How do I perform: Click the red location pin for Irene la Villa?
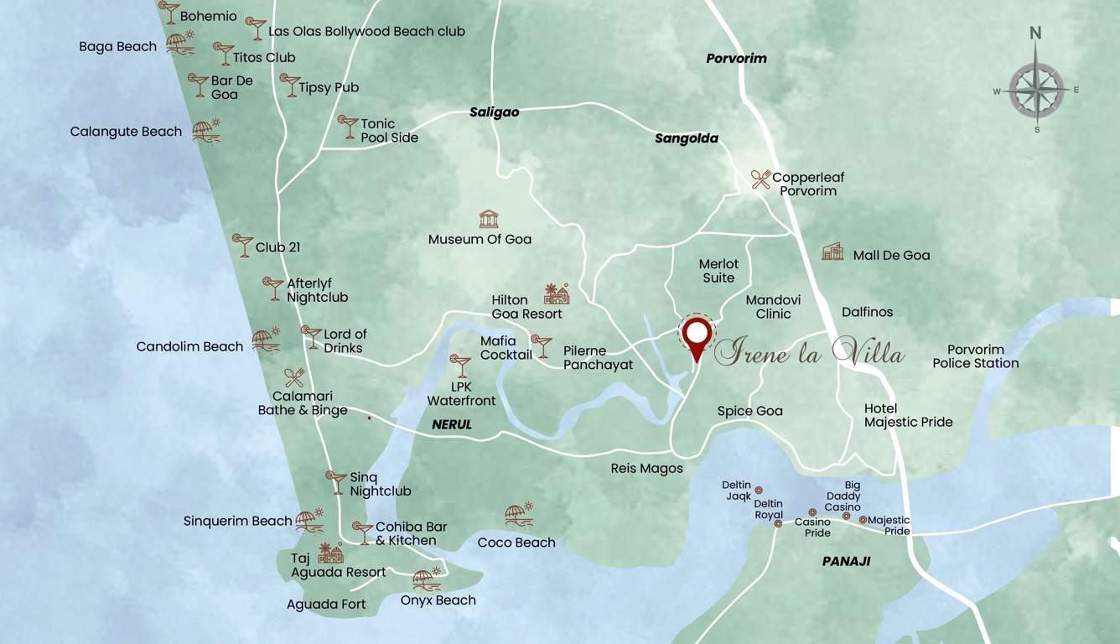(696, 335)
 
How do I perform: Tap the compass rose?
(1036, 90)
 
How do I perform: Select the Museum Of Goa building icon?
(489, 220)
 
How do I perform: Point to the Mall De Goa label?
(891, 255)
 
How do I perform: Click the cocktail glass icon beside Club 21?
(242, 245)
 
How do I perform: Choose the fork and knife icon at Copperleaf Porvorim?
(761, 179)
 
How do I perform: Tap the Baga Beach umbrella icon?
(180, 43)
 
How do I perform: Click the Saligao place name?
(494, 112)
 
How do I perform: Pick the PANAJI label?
(846, 561)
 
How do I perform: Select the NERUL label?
(452, 424)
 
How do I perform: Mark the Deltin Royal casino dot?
(778, 523)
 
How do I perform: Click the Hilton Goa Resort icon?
(557, 293)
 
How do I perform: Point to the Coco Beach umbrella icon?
(519, 515)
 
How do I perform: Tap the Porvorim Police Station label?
(976, 356)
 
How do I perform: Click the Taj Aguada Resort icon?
(331, 553)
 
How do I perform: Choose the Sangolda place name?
(687, 138)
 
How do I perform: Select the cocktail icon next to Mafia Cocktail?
(542, 345)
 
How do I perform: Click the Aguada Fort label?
(326, 604)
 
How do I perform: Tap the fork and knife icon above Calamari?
(294, 377)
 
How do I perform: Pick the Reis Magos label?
(646, 468)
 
